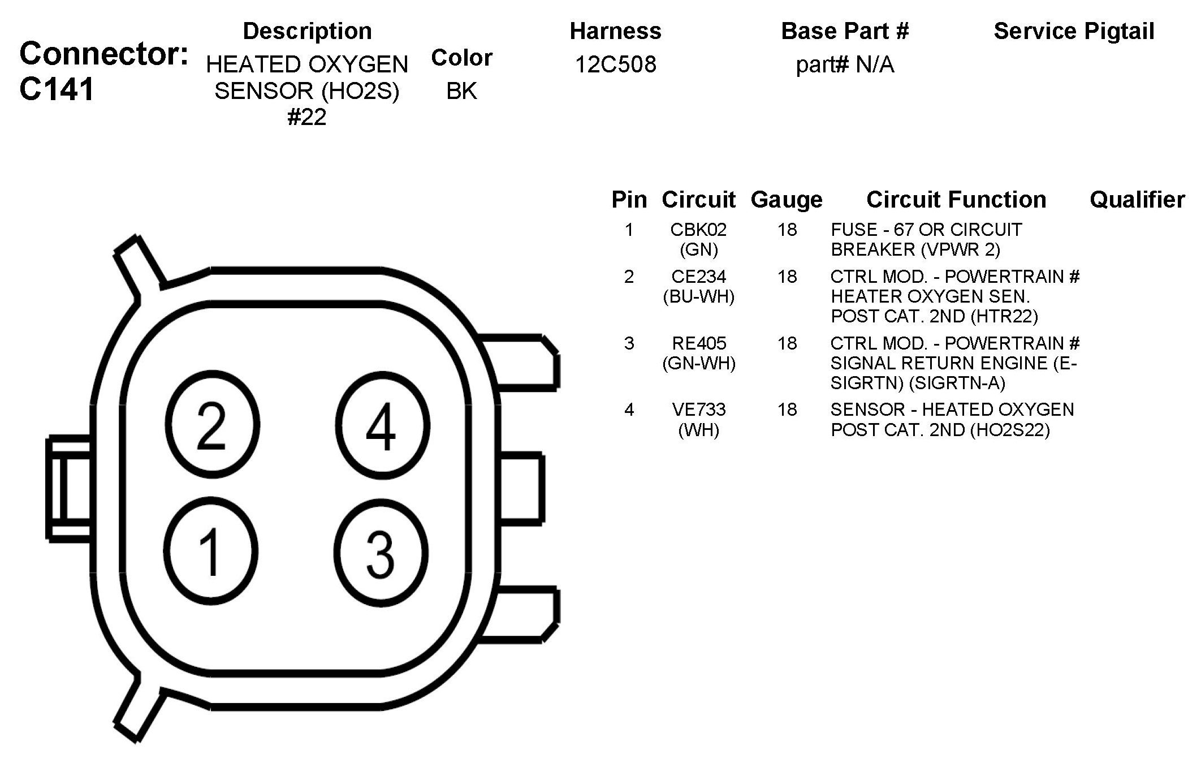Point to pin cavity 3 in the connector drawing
(380, 551)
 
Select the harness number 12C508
(616, 64)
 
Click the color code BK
(461, 91)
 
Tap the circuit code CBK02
(698, 230)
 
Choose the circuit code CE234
(698, 277)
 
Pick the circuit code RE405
(699, 343)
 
